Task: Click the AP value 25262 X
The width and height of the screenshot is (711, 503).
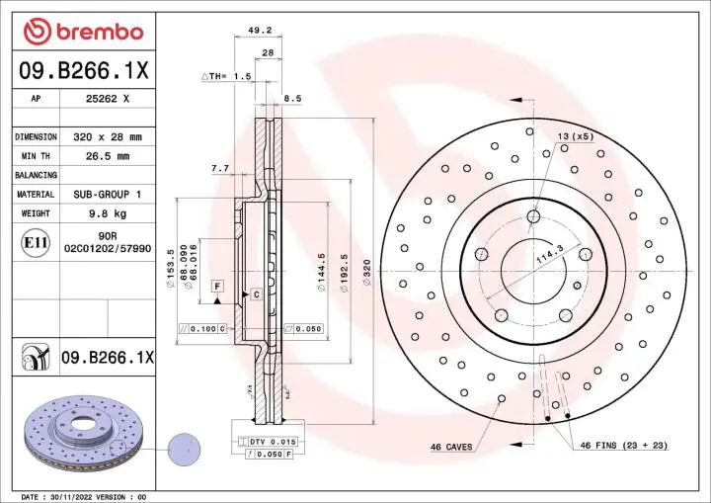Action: [x=109, y=99]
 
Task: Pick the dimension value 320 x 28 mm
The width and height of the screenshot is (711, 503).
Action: [x=109, y=136]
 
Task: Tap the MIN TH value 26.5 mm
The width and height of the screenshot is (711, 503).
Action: [x=109, y=156]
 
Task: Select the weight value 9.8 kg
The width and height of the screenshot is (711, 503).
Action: [x=109, y=213]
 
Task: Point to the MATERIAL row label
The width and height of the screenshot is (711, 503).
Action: [x=36, y=195]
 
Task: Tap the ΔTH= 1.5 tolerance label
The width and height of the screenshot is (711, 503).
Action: [x=227, y=76]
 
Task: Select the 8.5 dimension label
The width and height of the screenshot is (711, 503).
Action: [x=292, y=98]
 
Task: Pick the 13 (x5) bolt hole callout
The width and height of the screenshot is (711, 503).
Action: [x=576, y=135]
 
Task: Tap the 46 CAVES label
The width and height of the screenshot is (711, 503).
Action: [x=450, y=447]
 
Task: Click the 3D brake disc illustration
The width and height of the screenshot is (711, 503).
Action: [x=84, y=435]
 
